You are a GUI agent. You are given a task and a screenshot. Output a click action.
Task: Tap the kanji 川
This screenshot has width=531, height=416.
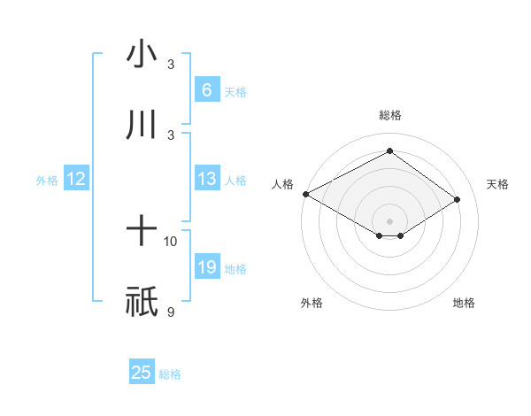point(142,125)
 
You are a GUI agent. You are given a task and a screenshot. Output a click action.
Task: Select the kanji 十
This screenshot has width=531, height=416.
point(142,231)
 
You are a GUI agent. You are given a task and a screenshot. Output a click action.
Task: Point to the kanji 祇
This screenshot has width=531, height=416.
point(142,302)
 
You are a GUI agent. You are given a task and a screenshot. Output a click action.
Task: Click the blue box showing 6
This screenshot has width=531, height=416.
point(206,90)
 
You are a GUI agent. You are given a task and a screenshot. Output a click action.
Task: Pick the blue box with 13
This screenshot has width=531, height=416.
point(206,180)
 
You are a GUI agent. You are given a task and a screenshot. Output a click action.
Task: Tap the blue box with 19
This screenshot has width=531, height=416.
point(206,267)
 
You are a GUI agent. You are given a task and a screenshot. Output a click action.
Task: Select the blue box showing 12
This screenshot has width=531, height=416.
point(76,180)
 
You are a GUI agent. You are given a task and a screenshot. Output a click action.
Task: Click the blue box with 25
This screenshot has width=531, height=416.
point(142,373)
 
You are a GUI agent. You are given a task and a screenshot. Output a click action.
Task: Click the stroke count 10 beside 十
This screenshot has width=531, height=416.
point(171,241)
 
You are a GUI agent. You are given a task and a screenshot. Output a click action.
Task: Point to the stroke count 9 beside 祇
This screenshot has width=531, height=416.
point(171,312)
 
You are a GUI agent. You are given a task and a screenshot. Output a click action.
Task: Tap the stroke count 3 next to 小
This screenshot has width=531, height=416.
point(171,65)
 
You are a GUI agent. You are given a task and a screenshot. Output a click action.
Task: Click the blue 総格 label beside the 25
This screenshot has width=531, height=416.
point(170,374)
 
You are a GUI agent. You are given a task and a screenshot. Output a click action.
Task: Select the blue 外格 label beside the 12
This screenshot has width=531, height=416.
point(47,181)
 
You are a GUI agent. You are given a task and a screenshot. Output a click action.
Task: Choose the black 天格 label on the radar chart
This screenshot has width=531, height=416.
point(497,184)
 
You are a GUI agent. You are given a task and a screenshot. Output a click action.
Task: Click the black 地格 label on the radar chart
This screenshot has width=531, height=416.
point(464,303)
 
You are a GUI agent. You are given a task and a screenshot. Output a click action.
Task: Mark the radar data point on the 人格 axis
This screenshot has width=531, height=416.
point(305,193)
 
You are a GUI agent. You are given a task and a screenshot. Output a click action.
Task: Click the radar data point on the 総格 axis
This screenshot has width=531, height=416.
point(389,150)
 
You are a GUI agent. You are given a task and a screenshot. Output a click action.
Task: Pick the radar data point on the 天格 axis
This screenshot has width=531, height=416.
point(458,199)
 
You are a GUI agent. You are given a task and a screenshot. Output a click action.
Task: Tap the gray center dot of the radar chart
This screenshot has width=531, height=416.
point(389,220)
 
